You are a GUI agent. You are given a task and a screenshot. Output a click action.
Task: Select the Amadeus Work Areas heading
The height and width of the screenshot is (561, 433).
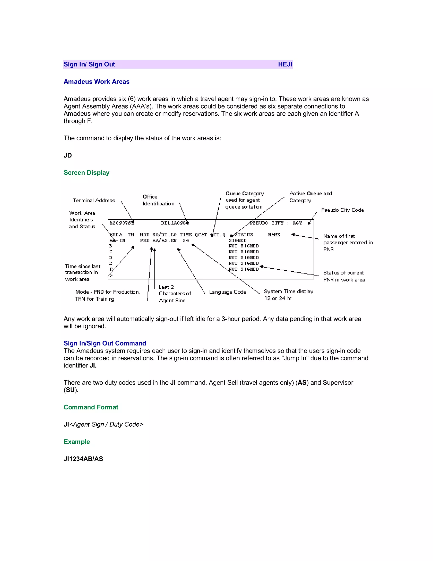click(x=96, y=82)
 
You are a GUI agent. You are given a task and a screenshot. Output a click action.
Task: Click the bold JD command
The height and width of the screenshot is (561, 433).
click(x=68, y=155)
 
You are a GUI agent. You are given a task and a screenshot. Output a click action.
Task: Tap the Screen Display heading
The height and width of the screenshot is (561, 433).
click(x=86, y=173)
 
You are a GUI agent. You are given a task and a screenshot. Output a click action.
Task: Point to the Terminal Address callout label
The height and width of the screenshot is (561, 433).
click(x=94, y=200)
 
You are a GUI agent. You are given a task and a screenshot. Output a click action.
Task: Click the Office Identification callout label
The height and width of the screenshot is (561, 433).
click(x=158, y=200)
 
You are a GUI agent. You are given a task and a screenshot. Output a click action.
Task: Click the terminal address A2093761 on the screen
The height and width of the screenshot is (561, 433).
click(x=122, y=223)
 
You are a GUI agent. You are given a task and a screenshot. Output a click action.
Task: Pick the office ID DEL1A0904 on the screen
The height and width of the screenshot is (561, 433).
click(x=174, y=223)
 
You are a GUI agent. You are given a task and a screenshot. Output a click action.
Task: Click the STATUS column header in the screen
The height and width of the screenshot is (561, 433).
click(x=243, y=235)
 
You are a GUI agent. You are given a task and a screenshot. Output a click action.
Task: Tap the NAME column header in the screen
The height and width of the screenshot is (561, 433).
click(x=274, y=235)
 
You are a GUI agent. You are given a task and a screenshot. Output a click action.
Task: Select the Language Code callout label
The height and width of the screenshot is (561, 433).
click(x=227, y=292)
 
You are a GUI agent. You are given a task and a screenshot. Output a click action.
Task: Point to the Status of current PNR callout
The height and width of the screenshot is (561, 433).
click(x=344, y=276)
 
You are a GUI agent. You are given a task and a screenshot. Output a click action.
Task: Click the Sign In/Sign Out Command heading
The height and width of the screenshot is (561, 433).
click(x=105, y=343)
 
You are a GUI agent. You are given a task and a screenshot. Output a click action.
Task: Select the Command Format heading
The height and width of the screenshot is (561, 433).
click(x=91, y=407)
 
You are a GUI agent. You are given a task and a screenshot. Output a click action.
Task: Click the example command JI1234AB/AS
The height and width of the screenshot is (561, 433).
click(x=83, y=459)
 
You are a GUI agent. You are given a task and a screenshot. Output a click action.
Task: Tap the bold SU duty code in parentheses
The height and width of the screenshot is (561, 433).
click(x=70, y=390)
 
